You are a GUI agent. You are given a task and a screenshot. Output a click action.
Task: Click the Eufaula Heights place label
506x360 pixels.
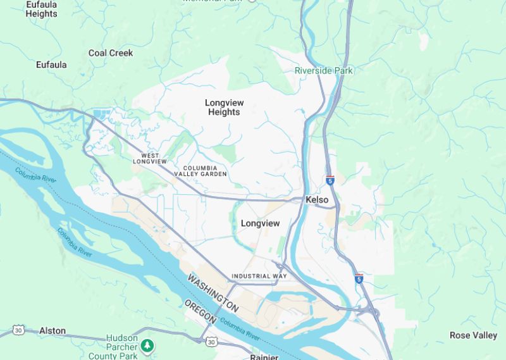41,9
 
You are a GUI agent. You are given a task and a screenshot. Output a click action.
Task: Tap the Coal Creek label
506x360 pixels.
111,53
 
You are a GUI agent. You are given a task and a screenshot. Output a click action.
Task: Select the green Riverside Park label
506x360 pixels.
324,71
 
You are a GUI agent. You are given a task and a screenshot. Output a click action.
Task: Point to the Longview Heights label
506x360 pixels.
224,107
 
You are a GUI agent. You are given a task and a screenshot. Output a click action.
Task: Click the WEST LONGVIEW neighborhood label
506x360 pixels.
150,159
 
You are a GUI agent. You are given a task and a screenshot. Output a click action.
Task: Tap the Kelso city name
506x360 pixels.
317,200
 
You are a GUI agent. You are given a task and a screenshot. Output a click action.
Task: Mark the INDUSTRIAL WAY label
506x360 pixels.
259,276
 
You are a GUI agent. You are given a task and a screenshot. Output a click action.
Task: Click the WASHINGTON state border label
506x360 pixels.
213,294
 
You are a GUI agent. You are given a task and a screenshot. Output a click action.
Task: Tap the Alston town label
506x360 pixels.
52,331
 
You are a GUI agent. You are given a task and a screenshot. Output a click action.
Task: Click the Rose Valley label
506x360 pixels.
473,335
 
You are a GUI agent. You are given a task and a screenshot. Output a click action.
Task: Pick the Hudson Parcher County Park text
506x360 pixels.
121,347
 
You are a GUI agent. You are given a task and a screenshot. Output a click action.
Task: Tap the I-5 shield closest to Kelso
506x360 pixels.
330,180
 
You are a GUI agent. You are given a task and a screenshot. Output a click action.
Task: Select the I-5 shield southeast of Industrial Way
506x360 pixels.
359,278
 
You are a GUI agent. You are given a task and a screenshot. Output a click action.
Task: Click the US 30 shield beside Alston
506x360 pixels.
18,331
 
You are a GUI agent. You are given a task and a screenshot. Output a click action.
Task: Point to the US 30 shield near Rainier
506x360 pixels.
211,342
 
